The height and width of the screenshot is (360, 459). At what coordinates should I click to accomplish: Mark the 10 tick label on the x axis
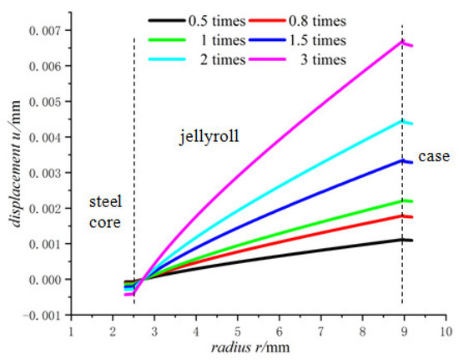click(444, 331)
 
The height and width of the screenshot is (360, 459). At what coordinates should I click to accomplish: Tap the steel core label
click(106, 212)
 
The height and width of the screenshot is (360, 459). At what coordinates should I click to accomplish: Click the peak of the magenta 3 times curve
click(402, 41)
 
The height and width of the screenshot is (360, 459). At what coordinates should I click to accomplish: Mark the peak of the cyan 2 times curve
click(402, 120)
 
